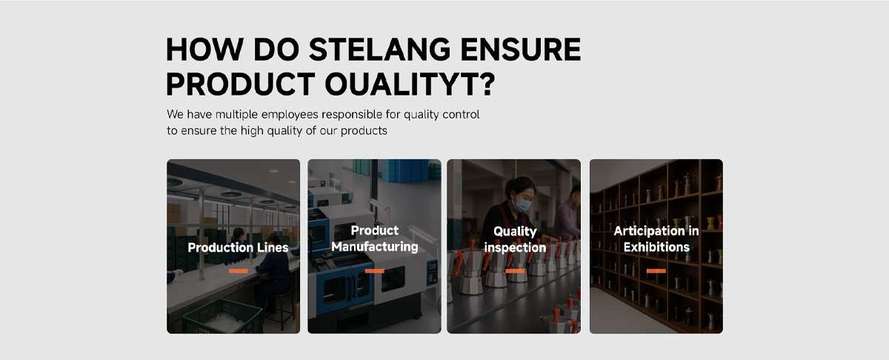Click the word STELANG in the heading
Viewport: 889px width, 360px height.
coord(380,50)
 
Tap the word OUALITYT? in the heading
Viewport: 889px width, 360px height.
coord(410,84)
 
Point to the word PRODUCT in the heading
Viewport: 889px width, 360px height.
coord(241,84)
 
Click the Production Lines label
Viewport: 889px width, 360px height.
coord(238,247)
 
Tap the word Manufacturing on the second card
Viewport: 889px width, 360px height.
coord(375,247)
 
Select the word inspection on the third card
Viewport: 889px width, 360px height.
coord(515,248)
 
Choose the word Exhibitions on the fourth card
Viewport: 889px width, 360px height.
coord(656,247)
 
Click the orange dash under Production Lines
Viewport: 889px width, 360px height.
coord(238,271)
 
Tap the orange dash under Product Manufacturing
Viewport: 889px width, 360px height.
coord(375,271)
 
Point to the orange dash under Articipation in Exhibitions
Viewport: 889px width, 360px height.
coord(656,271)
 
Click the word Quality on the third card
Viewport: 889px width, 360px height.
coord(515,231)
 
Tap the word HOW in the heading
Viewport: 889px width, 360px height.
coord(204,50)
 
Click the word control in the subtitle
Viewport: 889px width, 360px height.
coord(461,114)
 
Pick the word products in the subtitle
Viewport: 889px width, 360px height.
coord(364,130)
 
